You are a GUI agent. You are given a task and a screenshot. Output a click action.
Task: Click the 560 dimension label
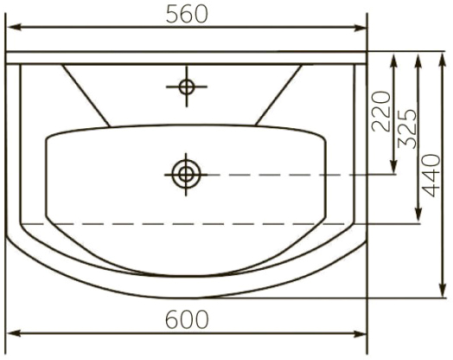pyautogui.click(x=187, y=15)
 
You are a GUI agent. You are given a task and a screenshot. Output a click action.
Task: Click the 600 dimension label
pyautogui.click(x=187, y=319)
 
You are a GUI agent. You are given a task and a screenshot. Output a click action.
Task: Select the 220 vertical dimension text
pyautogui.click(x=381, y=112)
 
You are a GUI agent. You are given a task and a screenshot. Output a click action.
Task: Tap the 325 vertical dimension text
pyautogui.click(x=407, y=129)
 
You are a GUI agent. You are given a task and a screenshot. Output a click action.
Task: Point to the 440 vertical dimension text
pyautogui.click(x=431, y=176)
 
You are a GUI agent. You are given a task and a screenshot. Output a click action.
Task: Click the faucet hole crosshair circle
pyautogui.click(x=187, y=87)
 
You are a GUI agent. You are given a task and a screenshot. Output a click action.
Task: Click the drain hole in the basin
pyautogui.click(x=186, y=175)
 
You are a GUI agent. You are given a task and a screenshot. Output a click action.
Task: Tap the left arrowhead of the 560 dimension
pyautogui.click(x=14, y=28)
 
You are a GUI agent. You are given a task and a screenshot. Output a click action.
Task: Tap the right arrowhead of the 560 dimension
pyautogui.click(x=359, y=28)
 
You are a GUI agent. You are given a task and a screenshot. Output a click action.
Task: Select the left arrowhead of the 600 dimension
pyautogui.click(x=14, y=334)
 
